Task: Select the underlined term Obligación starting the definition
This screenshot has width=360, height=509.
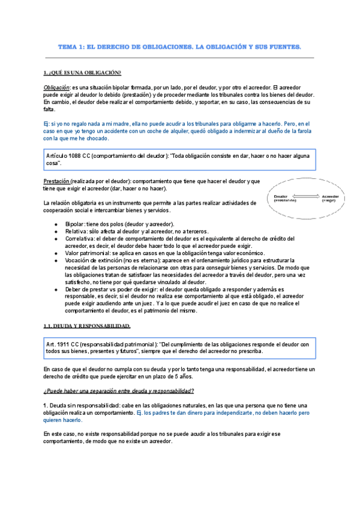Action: pyautogui.click(x=56, y=87)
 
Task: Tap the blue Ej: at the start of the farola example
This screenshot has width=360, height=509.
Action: pyautogui.click(x=47, y=123)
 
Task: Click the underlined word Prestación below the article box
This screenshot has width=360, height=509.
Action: pyautogui.click(x=56, y=181)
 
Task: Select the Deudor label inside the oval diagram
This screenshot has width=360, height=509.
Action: pyautogui.click(x=282, y=196)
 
